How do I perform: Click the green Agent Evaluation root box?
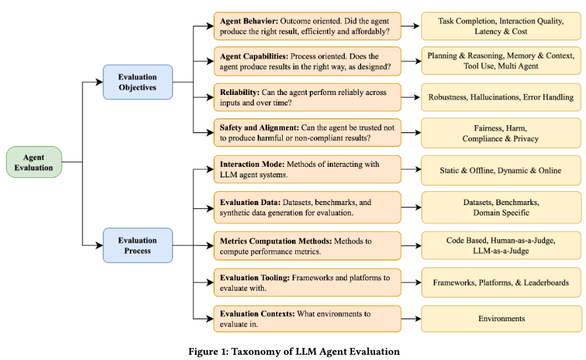coord(34,162)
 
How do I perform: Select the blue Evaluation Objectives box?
coord(138,82)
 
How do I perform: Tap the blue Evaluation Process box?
coord(138,245)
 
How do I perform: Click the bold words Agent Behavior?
coord(250,21)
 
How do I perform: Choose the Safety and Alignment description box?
coord(307,133)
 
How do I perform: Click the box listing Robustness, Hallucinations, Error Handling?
coord(501,98)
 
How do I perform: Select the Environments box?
coord(501,319)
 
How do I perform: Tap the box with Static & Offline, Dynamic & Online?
coord(501,170)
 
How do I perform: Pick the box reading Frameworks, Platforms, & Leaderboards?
coord(501,283)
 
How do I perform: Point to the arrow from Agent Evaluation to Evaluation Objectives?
coord(92,82)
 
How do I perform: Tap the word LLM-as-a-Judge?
coord(501,251)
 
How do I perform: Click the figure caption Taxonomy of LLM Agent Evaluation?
coord(293,351)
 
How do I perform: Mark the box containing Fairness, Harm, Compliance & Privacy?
coord(501,133)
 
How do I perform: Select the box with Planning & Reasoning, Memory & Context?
coord(501,61)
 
